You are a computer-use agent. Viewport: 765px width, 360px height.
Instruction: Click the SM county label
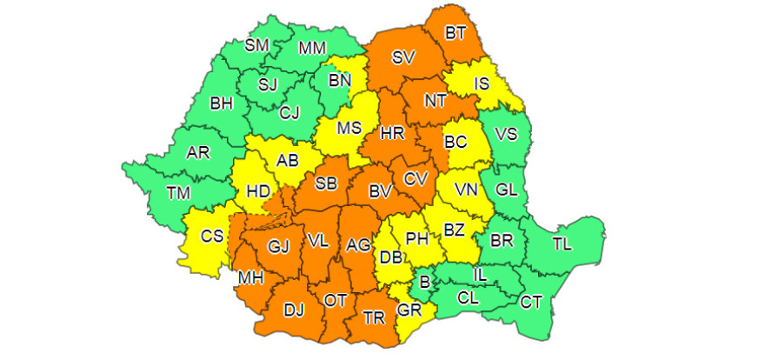(x=256, y=45)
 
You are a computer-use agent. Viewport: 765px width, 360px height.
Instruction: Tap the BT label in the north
(x=456, y=34)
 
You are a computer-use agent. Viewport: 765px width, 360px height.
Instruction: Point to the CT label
(x=531, y=302)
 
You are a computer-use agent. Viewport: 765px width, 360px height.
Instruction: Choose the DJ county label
(x=293, y=308)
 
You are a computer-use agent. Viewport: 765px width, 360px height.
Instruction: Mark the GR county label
(x=409, y=310)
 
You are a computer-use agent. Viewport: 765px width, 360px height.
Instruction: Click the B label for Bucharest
(x=425, y=281)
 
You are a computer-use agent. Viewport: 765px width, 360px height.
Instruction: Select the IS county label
(x=483, y=84)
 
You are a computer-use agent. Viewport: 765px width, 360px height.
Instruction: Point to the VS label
(x=505, y=134)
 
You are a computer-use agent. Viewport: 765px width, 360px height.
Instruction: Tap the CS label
(x=211, y=236)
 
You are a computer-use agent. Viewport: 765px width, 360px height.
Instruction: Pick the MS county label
(x=349, y=128)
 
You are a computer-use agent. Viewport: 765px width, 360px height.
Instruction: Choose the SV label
(x=402, y=58)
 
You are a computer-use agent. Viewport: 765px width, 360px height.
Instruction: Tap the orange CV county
(x=416, y=178)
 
